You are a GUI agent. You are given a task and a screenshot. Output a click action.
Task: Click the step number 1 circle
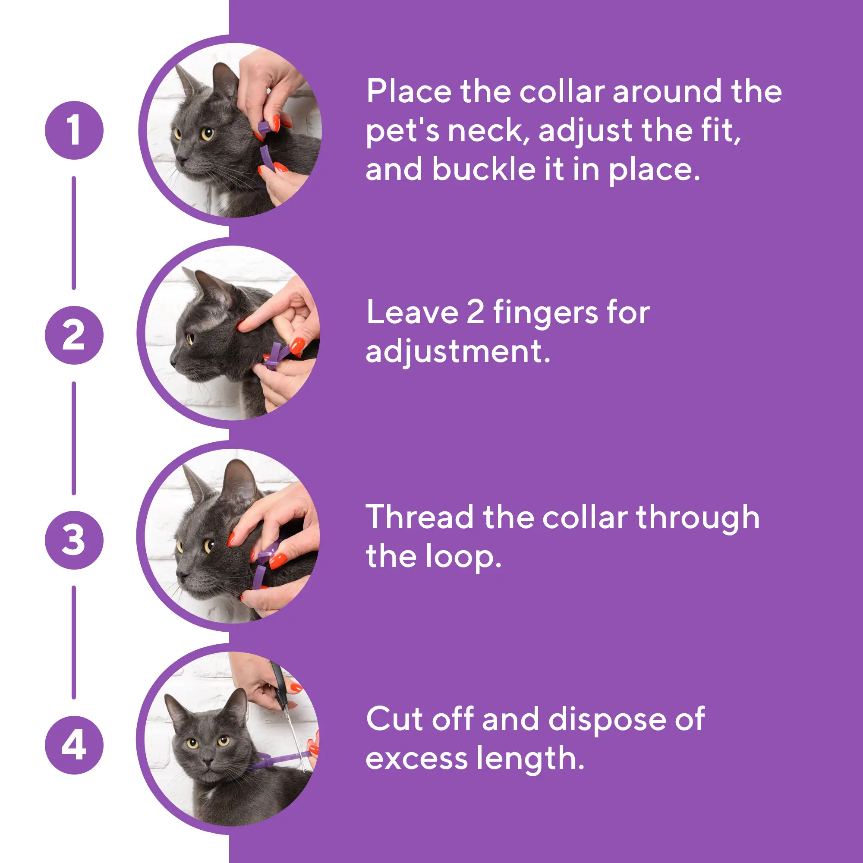point(74,130)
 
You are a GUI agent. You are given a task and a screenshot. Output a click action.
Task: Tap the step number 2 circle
point(74,335)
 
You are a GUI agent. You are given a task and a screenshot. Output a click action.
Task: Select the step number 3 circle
point(74,540)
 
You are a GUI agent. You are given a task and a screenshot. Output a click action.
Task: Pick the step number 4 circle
point(74,745)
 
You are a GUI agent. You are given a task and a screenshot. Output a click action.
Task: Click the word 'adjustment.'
point(458,352)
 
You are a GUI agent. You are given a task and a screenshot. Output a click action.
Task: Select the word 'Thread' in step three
point(419,517)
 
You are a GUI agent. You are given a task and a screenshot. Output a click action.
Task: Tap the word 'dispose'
point(607,720)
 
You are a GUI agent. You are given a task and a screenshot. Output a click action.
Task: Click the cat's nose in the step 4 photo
point(208,761)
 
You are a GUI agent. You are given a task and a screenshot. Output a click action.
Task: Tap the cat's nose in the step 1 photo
point(181,159)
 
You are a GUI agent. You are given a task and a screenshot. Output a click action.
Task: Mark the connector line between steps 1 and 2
point(74,233)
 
